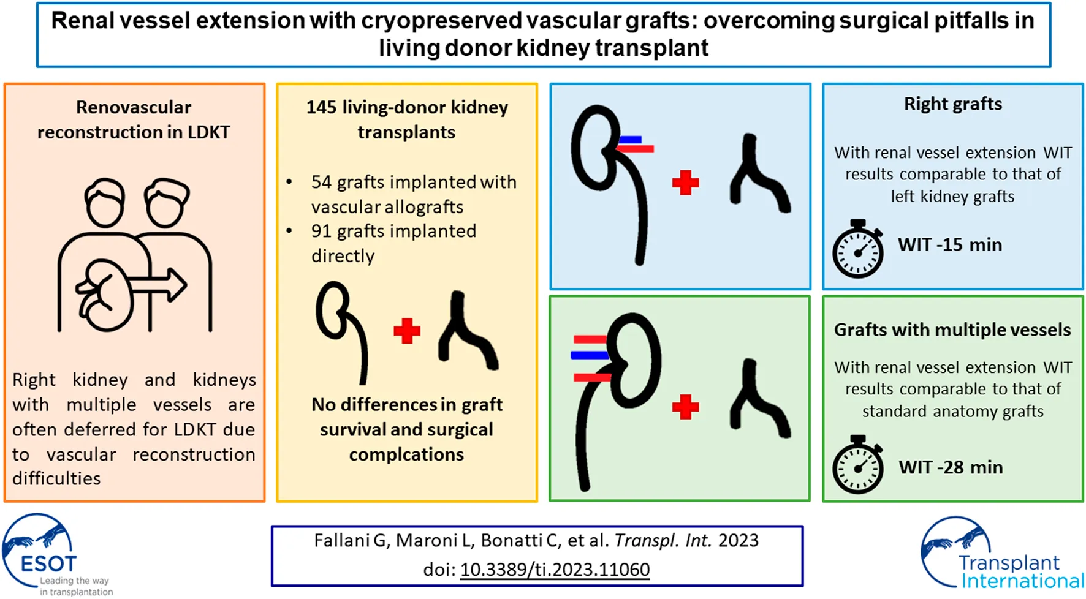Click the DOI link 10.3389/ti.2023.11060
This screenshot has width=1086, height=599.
pos(555,570)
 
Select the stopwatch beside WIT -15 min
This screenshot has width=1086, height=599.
pos(858,249)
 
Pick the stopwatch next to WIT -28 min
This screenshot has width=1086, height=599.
pos(858,465)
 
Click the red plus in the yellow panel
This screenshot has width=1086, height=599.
pos(407,331)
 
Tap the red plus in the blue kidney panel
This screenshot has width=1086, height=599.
pos(685,183)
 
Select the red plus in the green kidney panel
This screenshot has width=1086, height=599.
pos(685,407)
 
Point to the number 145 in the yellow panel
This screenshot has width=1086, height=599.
pos(321,107)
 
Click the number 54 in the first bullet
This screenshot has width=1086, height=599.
pos(321,182)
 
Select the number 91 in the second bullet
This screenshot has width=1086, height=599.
pos(321,231)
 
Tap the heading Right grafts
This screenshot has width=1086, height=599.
pos(953,104)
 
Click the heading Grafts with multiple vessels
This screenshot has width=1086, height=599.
pos(952,330)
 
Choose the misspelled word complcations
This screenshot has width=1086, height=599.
pos(406,454)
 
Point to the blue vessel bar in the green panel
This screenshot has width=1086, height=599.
pos(588,355)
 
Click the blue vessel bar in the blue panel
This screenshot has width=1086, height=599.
pos(630,140)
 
